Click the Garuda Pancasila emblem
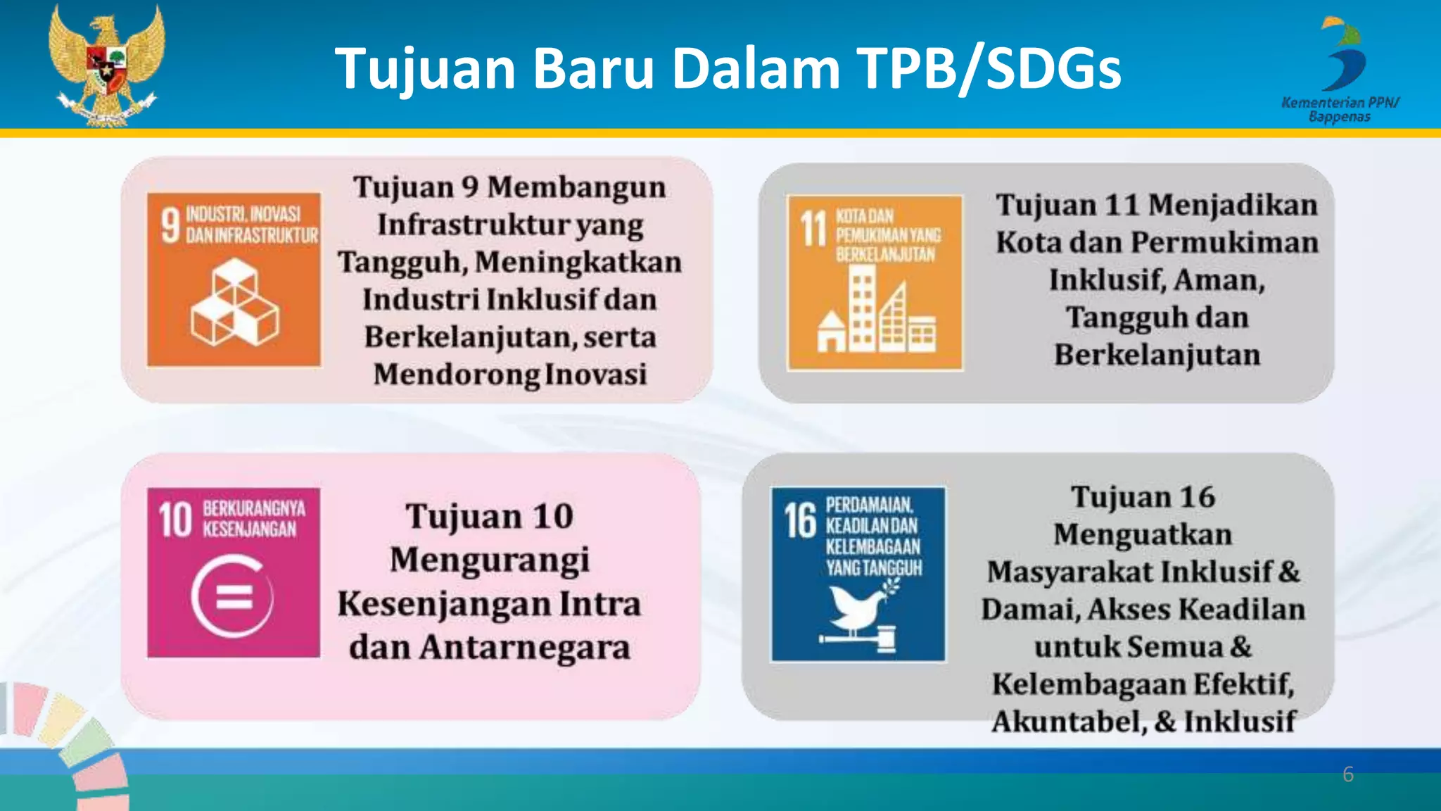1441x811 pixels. tap(106, 65)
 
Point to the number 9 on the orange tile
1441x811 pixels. tap(170, 225)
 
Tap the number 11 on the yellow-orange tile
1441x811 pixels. tap(813, 229)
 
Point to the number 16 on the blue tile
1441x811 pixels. tap(800, 520)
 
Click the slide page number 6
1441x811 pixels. tap(1347, 774)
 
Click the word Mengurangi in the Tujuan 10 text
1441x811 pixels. tap(490, 560)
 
